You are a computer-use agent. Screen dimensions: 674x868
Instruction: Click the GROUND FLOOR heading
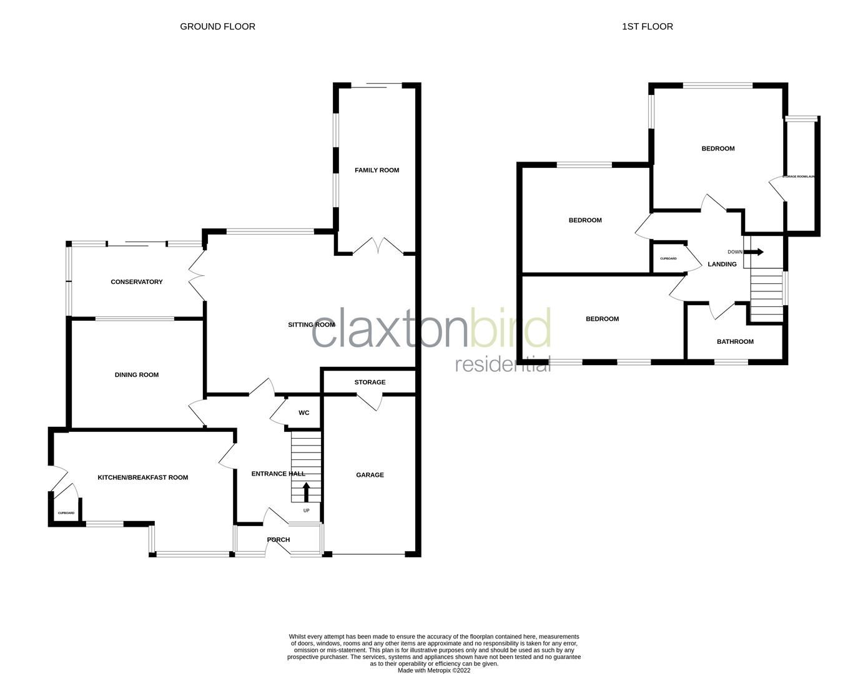pos(217,26)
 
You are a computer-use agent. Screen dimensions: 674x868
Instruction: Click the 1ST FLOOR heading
pos(647,26)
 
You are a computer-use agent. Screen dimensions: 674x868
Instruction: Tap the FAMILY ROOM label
pos(377,170)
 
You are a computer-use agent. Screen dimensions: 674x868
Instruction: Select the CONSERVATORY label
pos(137,282)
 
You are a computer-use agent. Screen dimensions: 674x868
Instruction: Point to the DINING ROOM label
pos(137,375)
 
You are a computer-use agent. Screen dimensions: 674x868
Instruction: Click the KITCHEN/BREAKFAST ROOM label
pos(142,477)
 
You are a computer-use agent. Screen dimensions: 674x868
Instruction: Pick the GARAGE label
pos(370,475)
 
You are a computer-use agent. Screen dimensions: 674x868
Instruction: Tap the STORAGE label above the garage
pos(370,382)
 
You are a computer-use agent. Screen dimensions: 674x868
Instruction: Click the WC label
pos(304,413)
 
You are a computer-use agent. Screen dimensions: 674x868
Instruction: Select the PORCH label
pos(279,540)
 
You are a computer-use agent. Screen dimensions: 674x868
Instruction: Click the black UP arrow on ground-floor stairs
pos(306,492)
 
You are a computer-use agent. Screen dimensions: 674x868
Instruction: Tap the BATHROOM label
pos(735,341)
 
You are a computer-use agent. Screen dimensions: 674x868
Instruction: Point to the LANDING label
pos(722,264)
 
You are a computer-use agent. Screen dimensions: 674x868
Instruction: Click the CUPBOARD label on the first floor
pos(668,258)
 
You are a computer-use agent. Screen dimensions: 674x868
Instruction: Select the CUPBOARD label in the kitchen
pos(66,513)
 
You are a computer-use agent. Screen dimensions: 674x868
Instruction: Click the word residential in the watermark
pos(503,364)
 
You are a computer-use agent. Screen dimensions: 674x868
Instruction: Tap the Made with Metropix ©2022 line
pos(434,671)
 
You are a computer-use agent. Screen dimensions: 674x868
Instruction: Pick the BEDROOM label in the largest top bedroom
pos(718,149)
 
